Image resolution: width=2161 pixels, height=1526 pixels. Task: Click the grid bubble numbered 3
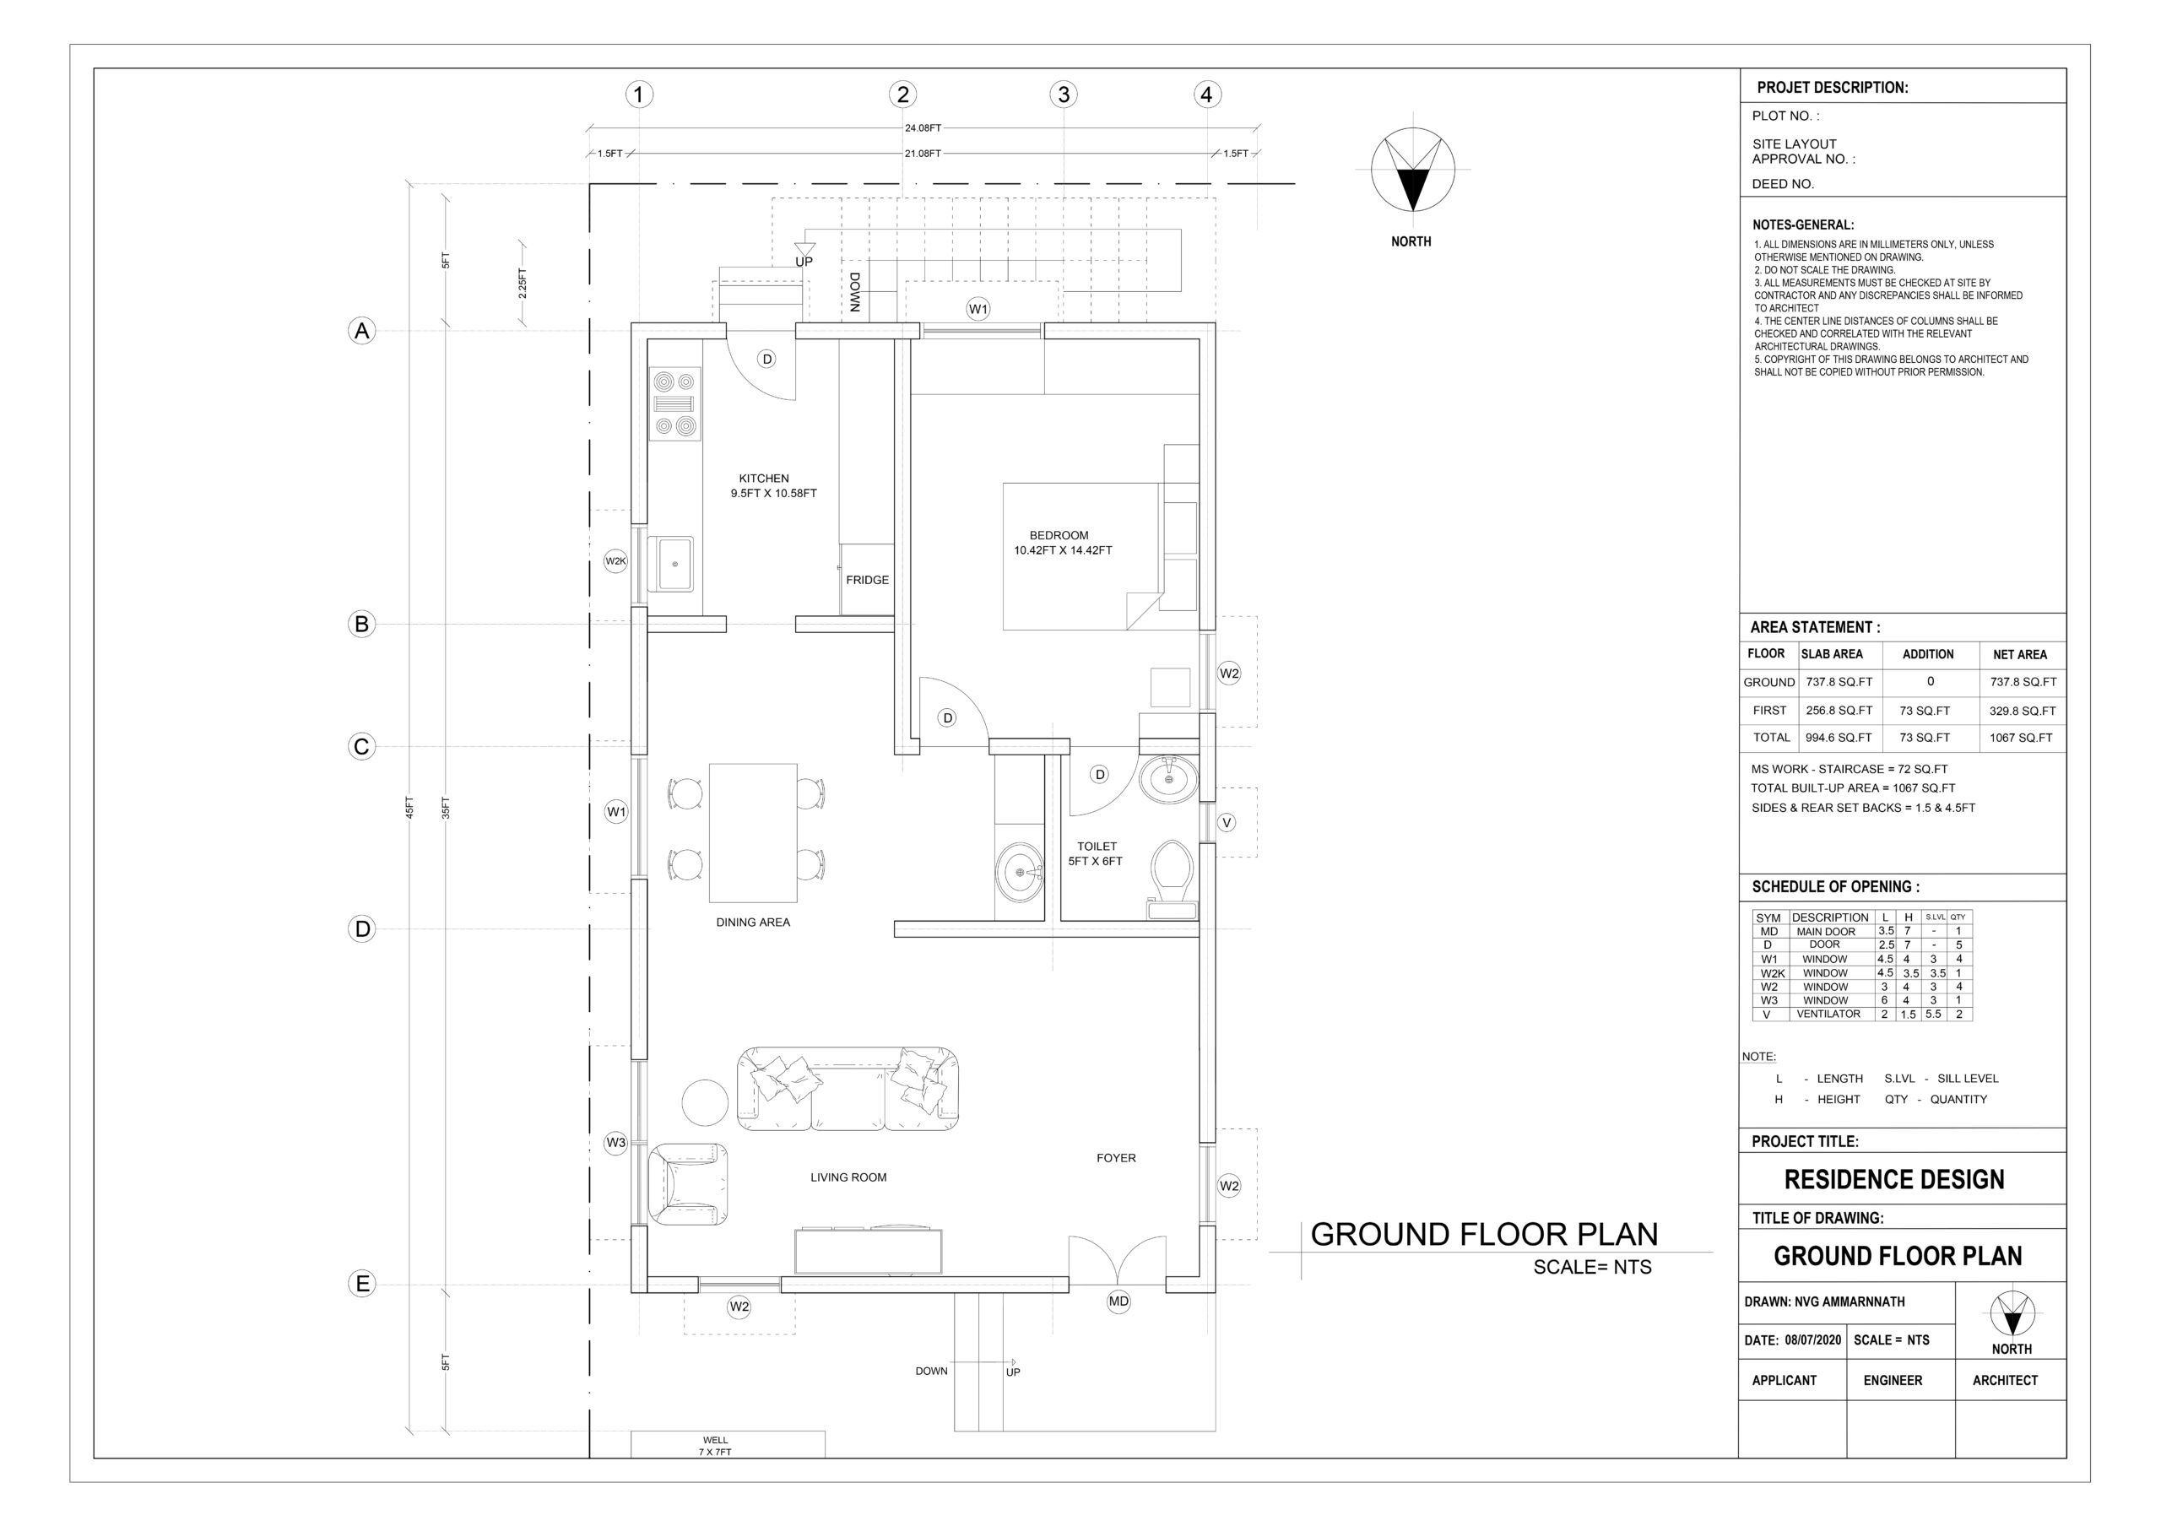[1064, 94]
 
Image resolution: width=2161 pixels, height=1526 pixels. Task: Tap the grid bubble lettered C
[361, 747]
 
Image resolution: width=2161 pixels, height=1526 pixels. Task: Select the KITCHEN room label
[763, 478]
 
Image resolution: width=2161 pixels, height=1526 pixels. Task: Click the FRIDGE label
[867, 580]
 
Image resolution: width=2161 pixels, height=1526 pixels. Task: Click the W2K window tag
[615, 561]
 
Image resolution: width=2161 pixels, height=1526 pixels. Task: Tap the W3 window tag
[615, 1143]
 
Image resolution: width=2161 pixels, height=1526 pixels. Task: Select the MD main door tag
[1118, 1302]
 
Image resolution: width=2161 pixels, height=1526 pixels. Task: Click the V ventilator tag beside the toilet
[1227, 822]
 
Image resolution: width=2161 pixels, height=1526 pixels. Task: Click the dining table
[753, 832]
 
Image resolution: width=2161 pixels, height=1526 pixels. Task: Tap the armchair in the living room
[688, 1183]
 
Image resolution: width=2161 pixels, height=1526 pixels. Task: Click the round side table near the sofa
[705, 1101]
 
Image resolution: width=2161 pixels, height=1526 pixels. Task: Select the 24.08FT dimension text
[923, 128]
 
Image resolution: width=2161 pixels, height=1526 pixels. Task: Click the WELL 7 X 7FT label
[715, 1446]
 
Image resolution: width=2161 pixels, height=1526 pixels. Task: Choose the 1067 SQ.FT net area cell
[2021, 738]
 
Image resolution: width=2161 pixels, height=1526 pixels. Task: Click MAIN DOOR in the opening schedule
[1826, 932]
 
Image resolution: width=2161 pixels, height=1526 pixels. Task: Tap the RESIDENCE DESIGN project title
[1893, 1179]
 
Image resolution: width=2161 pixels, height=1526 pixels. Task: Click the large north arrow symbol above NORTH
[1411, 170]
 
